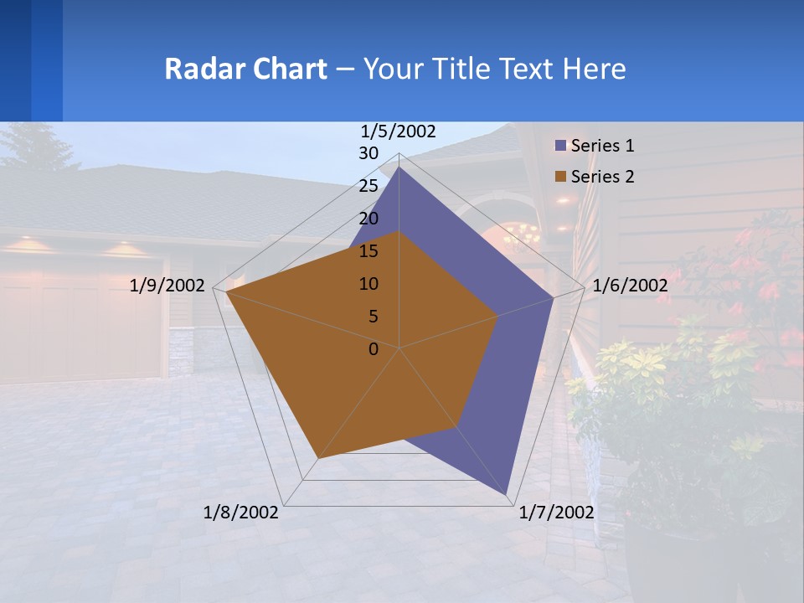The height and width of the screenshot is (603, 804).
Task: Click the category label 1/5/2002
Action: tap(398, 131)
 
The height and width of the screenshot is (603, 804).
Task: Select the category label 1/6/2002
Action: tap(630, 286)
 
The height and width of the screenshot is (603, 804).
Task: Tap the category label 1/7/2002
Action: tap(556, 513)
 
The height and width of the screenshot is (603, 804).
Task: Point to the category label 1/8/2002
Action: tap(241, 513)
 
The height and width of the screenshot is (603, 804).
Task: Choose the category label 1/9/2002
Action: tap(167, 286)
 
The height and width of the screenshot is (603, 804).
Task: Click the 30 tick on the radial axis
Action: tap(368, 153)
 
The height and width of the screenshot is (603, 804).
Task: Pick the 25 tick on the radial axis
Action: tap(368, 186)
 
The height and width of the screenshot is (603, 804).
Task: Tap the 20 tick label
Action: tap(368, 219)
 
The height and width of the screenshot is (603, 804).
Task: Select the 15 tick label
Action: tap(368, 251)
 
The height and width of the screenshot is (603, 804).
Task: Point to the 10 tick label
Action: tap(368, 284)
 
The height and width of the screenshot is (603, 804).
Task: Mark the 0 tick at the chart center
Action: tap(374, 349)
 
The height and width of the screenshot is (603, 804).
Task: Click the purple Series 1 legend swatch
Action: tap(561, 146)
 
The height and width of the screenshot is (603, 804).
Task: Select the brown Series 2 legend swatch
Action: tap(561, 177)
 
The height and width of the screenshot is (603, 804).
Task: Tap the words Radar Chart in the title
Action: tap(245, 69)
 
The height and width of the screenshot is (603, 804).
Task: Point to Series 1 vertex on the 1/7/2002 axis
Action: tap(508, 496)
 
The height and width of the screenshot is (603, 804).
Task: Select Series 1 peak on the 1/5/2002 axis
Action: tap(399, 167)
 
